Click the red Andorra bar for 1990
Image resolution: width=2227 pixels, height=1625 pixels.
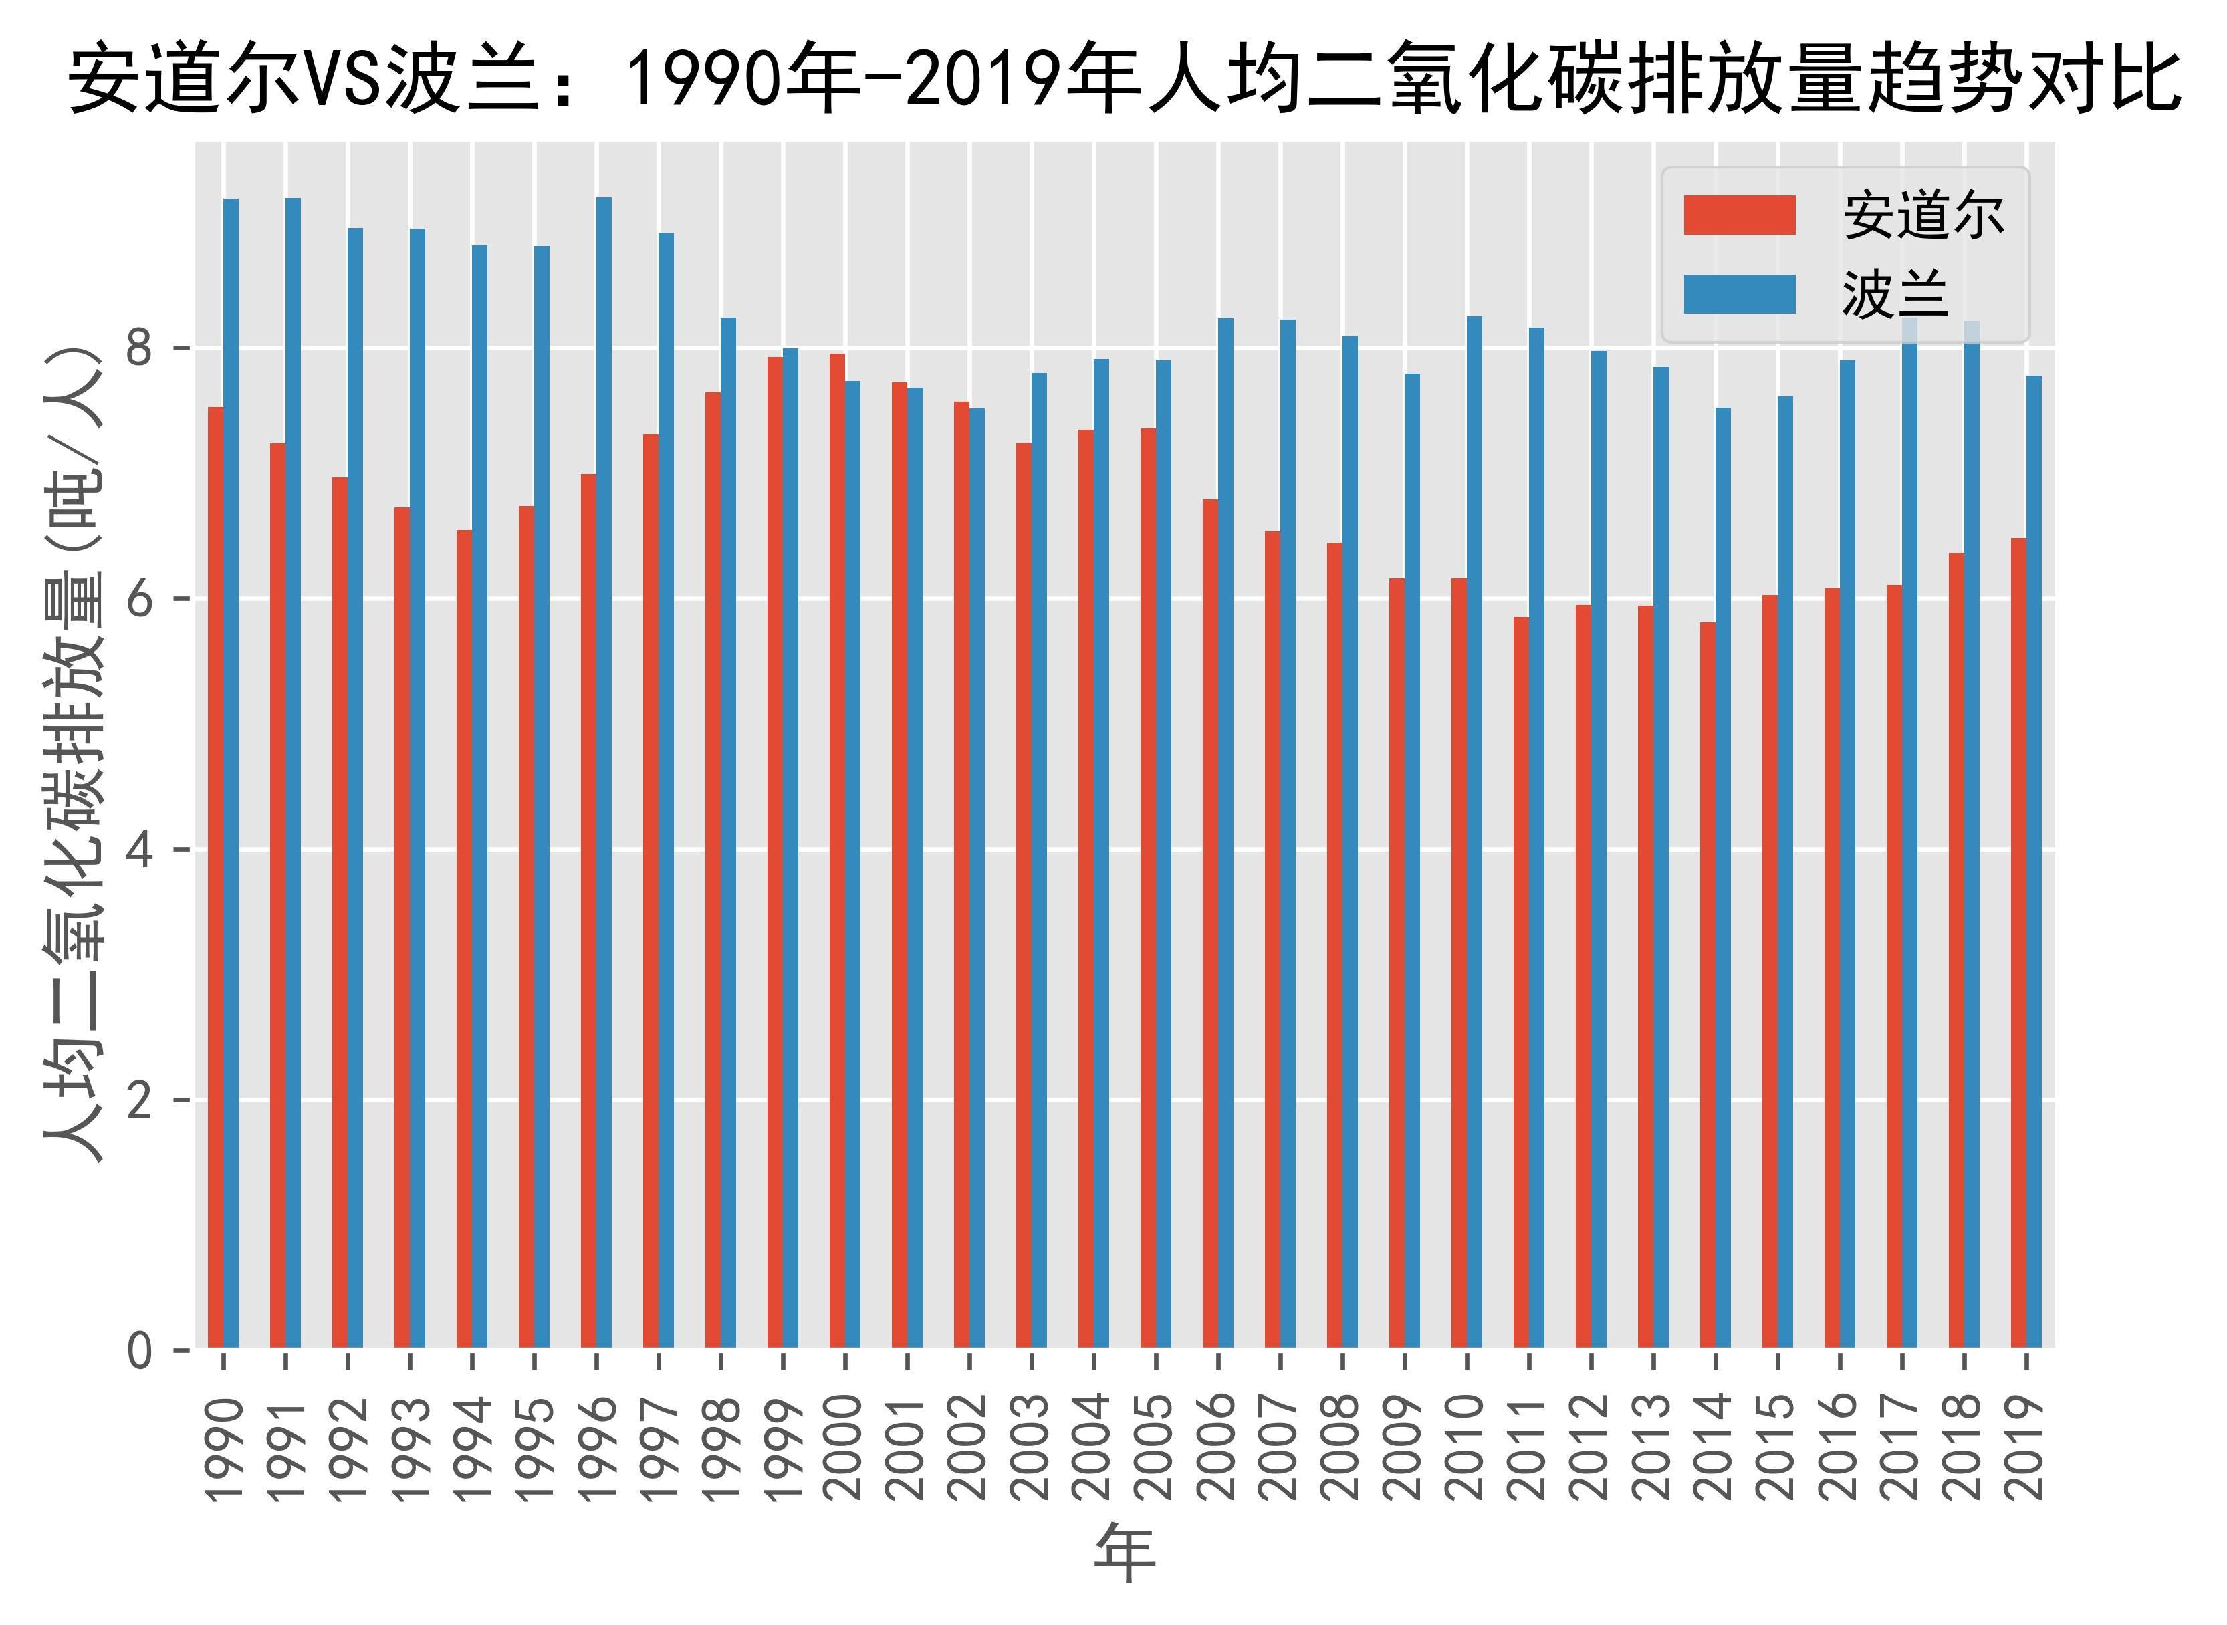(x=215, y=876)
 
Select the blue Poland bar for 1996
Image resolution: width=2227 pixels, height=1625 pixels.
(x=604, y=772)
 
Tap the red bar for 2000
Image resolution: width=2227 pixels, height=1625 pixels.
(x=837, y=851)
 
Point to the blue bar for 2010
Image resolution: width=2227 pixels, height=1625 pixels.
(x=1474, y=831)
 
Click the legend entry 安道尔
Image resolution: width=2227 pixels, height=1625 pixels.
(x=1923, y=215)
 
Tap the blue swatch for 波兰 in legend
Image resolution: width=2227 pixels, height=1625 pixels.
(x=1739, y=294)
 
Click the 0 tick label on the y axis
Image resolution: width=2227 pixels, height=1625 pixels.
(x=140, y=1350)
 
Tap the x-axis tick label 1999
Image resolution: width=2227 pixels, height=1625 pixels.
(x=783, y=1446)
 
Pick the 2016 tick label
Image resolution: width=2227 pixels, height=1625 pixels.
(x=1839, y=1446)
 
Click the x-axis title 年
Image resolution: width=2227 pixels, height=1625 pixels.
(x=1125, y=1552)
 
